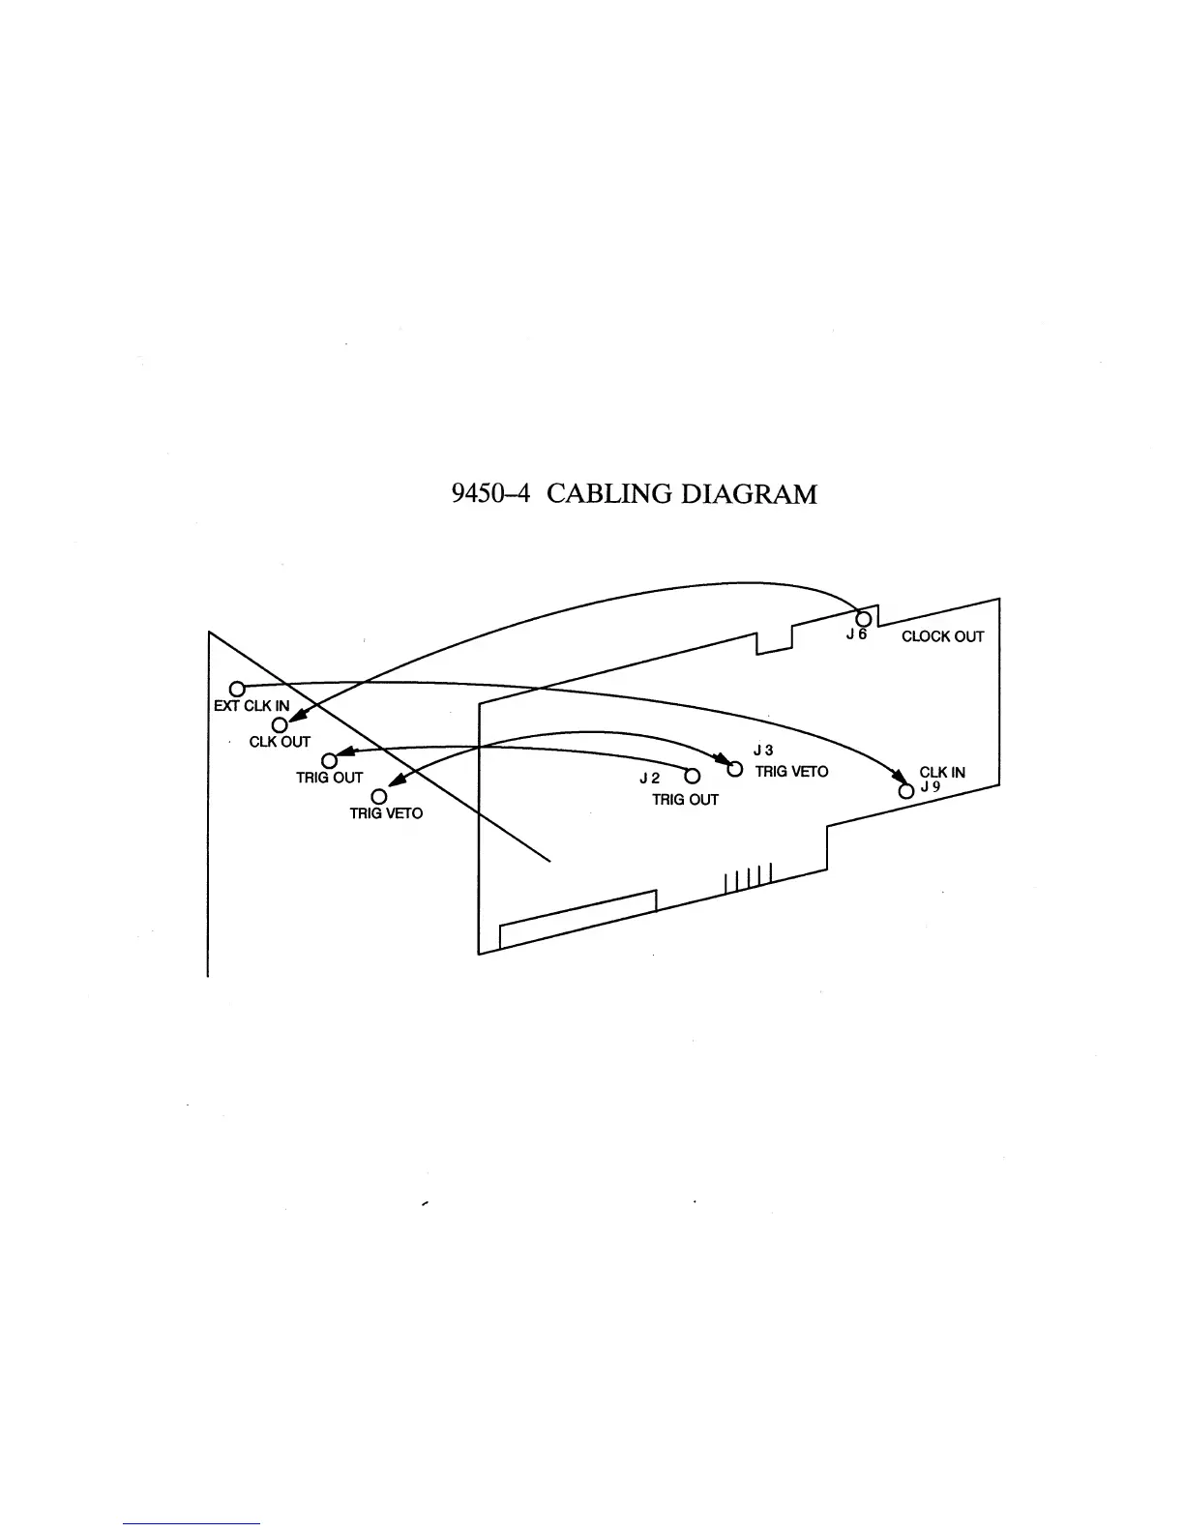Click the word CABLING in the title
[609, 494]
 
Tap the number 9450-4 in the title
[493, 494]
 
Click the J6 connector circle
[864, 619]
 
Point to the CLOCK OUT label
[942, 636]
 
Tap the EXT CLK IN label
[251, 706]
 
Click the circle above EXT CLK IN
[234, 688]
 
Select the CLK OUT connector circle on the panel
[279, 724]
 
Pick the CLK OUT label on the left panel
[280, 742]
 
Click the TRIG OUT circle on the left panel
[329, 760]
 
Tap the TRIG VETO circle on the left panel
[379, 796]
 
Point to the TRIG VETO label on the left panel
[386, 813]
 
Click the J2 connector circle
[692, 776]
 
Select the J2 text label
[649, 779]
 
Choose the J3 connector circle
[734, 770]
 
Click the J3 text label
[762, 750]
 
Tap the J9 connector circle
[906, 790]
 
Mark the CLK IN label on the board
[942, 772]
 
